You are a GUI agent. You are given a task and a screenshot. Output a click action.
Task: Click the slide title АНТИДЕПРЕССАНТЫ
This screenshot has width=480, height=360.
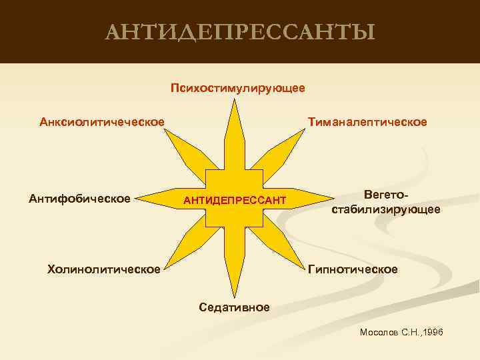coord(240,31)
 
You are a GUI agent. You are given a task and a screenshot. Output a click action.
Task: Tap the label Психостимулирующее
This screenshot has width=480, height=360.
coord(237,87)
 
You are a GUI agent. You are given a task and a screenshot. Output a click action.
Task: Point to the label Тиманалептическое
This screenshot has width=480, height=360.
coord(367,122)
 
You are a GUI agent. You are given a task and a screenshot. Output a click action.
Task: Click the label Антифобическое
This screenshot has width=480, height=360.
coord(79,197)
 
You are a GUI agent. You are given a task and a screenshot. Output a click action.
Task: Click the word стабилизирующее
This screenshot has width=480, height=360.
coord(385,209)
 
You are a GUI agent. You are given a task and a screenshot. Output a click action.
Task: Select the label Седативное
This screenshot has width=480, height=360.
coord(234,307)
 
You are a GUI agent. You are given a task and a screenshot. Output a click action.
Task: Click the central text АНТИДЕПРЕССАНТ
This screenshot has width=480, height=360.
coord(235,201)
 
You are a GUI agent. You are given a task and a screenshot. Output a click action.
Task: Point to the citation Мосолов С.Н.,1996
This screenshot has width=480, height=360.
coord(401,332)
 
